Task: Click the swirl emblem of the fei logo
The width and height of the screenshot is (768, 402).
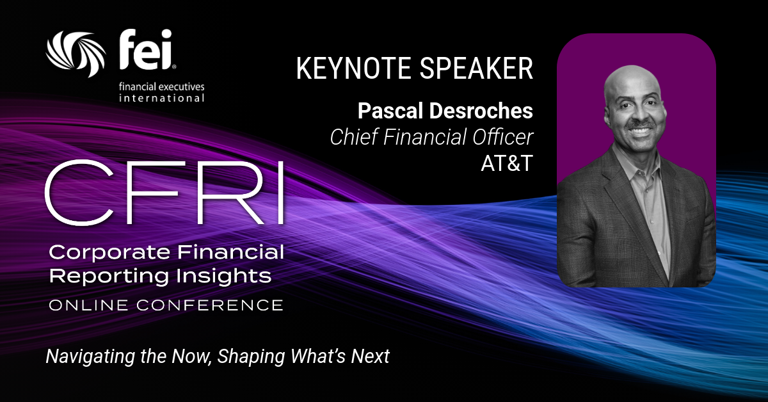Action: tap(76, 54)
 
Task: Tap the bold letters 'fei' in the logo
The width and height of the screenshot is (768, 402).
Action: tap(146, 50)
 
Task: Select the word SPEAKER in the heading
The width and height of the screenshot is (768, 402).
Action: tap(477, 68)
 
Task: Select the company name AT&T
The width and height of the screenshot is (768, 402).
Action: tap(507, 163)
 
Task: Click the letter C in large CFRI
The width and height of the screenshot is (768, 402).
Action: tap(79, 193)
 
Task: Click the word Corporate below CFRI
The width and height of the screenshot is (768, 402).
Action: tap(109, 253)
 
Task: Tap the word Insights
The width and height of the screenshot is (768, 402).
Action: tap(223, 276)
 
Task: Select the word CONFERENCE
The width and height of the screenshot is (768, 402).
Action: tap(210, 305)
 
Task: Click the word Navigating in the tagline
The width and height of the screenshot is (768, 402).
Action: tap(90, 357)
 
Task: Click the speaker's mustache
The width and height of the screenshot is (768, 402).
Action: tap(639, 126)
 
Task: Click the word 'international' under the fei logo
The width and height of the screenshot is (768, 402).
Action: tap(162, 99)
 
